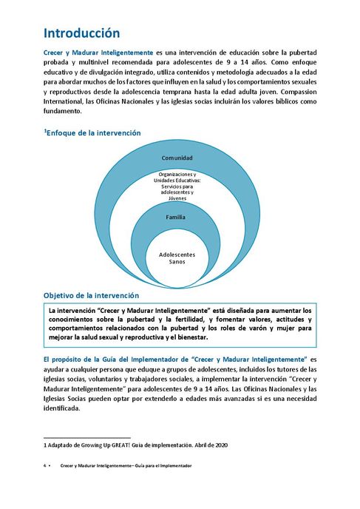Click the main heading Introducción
pyautogui.click(x=81, y=33)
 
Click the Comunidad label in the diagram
pyautogui.click(x=177, y=158)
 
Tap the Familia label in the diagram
pyautogui.click(x=175, y=218)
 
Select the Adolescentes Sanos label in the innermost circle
pyautogui.click(x=177, y=258)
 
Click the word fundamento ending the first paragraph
pyautogui.click(x=62, y=111)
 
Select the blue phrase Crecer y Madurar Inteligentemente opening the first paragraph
pyautogui.click(x=98, y=53)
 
